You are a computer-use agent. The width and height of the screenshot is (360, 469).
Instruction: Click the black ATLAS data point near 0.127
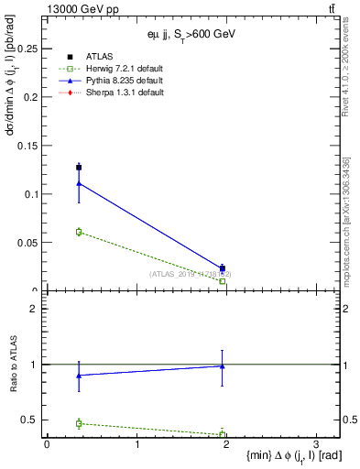click(79, 168)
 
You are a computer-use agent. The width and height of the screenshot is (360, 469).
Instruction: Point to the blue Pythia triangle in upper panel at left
click(79, 183)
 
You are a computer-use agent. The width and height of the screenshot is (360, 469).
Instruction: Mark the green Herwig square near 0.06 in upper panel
click(79, 232)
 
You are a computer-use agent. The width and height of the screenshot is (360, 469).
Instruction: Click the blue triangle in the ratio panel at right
click(223, 365)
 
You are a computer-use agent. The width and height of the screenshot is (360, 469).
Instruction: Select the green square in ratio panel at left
click(79, 423)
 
